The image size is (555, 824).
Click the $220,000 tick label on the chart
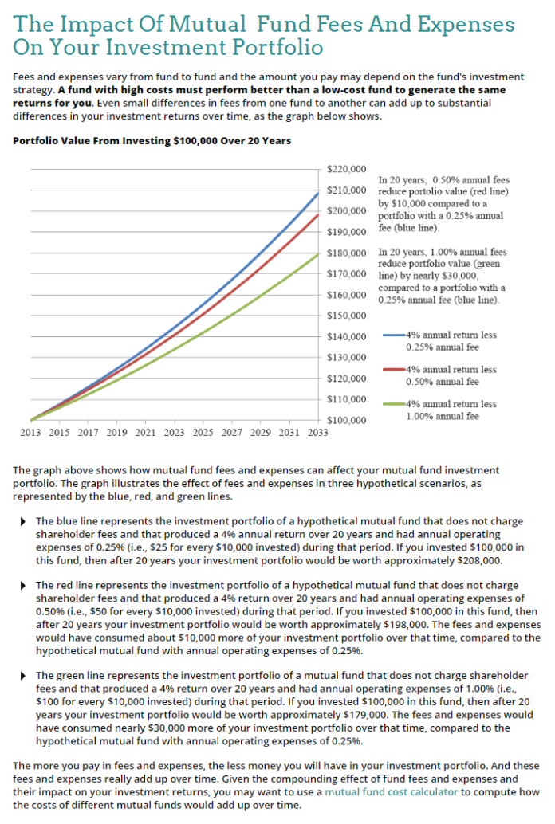click(x=347, y=169)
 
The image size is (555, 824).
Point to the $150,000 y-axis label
click(x=347, y=315)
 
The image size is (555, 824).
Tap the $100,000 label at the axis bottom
click(x=347, y=419)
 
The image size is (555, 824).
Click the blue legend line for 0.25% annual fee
click(x=394, y=335)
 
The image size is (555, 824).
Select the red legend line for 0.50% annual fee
click(x=394, y=370)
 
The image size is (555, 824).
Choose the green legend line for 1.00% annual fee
click(x=394, y=404)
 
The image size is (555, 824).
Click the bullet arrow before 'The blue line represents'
click(x=22, y=521)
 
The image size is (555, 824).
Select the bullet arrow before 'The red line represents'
click(x=22, y=586)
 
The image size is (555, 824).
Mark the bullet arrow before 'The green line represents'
click(x=22, y=675)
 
